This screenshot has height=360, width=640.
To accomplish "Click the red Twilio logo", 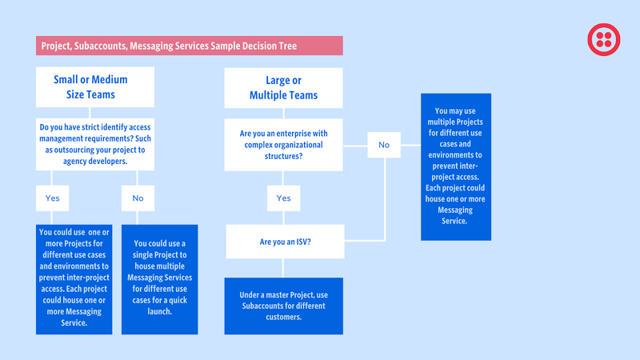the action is [604, 39].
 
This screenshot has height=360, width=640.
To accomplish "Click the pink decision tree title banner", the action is [190, 46].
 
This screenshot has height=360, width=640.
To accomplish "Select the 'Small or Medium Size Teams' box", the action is [95, 87].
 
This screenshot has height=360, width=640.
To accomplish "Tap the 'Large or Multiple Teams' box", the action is [284, 88].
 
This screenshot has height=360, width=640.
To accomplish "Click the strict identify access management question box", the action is [95, 144].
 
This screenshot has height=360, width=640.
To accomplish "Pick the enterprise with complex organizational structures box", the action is [284, 145].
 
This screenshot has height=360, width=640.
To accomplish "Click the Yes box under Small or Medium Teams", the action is [52, 198].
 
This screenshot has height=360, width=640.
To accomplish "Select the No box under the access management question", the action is [138, 198].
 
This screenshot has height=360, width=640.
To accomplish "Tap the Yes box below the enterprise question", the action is [284, 198].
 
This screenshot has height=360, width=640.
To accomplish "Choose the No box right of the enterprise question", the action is [384, 145].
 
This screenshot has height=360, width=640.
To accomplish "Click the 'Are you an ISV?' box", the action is [286, 242].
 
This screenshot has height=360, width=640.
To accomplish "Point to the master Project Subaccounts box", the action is [284, 306].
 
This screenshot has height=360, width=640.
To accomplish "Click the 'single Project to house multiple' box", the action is [159, 279].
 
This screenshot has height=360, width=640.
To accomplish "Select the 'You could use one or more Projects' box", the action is [74, 279].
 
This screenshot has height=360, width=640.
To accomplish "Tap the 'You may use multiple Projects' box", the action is [456, 167].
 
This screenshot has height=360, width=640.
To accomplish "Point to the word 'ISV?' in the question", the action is [303, 242].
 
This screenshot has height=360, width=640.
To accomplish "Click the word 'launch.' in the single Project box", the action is [159, 311].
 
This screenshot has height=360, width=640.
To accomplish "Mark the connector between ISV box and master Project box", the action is [282, 268].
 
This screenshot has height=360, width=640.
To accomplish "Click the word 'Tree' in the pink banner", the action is [288, 46].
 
